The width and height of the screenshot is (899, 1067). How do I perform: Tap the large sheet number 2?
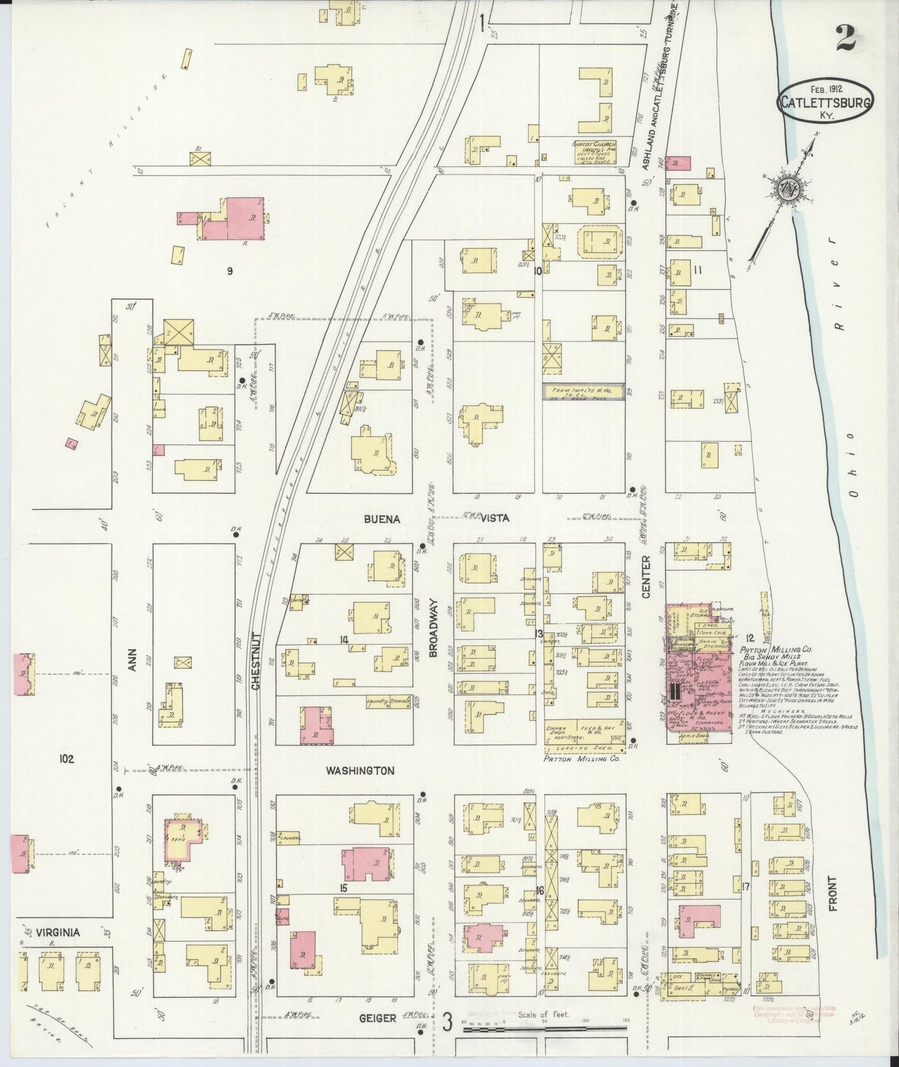coord(845,39)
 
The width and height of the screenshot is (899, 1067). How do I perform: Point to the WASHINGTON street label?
coord(360,771)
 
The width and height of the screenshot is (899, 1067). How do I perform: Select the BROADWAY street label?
coord(434,629)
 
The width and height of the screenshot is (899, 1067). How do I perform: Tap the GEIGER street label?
coord(377,1018)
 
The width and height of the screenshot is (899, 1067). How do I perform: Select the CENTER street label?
coord(645,576)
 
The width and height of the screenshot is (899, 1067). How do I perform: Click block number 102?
coord(66,759)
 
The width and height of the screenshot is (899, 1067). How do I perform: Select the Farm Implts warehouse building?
coord(583,391)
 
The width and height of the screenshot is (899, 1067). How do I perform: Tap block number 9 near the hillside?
coord(230,271)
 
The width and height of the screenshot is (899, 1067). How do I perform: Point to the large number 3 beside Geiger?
coord(446,1022)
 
